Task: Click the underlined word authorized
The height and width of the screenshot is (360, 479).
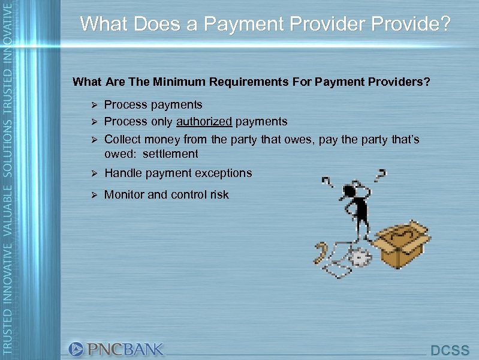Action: pos(204,122)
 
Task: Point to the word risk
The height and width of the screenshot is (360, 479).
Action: pos(218,194)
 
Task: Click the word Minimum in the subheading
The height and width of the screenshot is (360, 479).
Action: pos(183,82)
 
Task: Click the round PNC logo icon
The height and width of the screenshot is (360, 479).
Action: pos(76,349)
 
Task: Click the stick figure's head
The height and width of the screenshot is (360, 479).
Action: pos(350,191)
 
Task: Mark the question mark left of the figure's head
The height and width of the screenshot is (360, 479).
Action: pos(328,181)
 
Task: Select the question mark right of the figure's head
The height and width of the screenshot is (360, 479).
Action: pos(379,175)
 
